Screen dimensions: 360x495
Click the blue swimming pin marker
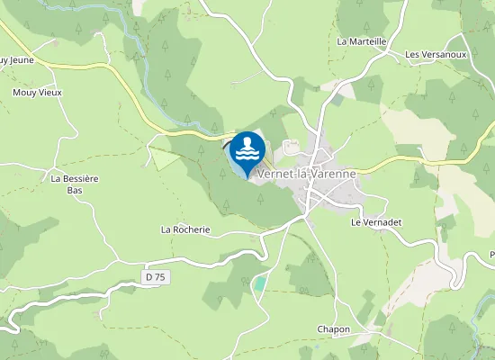247,151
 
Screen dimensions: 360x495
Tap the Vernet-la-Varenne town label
307,174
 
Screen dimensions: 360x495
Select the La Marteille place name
361,41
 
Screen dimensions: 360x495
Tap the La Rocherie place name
185,229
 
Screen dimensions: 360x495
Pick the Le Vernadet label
375,221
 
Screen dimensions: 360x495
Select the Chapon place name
333,329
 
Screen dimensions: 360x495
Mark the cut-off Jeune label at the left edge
15,61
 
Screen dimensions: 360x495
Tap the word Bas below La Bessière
74,190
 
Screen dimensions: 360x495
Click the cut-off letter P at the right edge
491,254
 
